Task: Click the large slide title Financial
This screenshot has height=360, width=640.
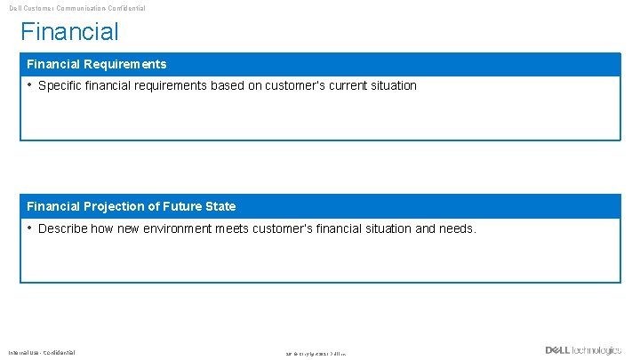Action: tap(69, 32)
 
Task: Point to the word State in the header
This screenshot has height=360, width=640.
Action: tap(220, 206)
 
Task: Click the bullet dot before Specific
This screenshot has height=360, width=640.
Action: tap(29, 85)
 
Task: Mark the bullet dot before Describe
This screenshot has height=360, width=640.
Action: tap(29, 228)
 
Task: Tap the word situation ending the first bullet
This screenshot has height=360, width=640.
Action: tap(390, 86)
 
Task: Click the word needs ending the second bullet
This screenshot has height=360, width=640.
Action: tap(458, 228)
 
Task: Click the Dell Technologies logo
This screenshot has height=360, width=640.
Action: tap(583, 350)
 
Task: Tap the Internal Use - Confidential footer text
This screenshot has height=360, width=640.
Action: tap(43, 353)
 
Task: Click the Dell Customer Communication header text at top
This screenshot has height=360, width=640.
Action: tap(76, 8)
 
